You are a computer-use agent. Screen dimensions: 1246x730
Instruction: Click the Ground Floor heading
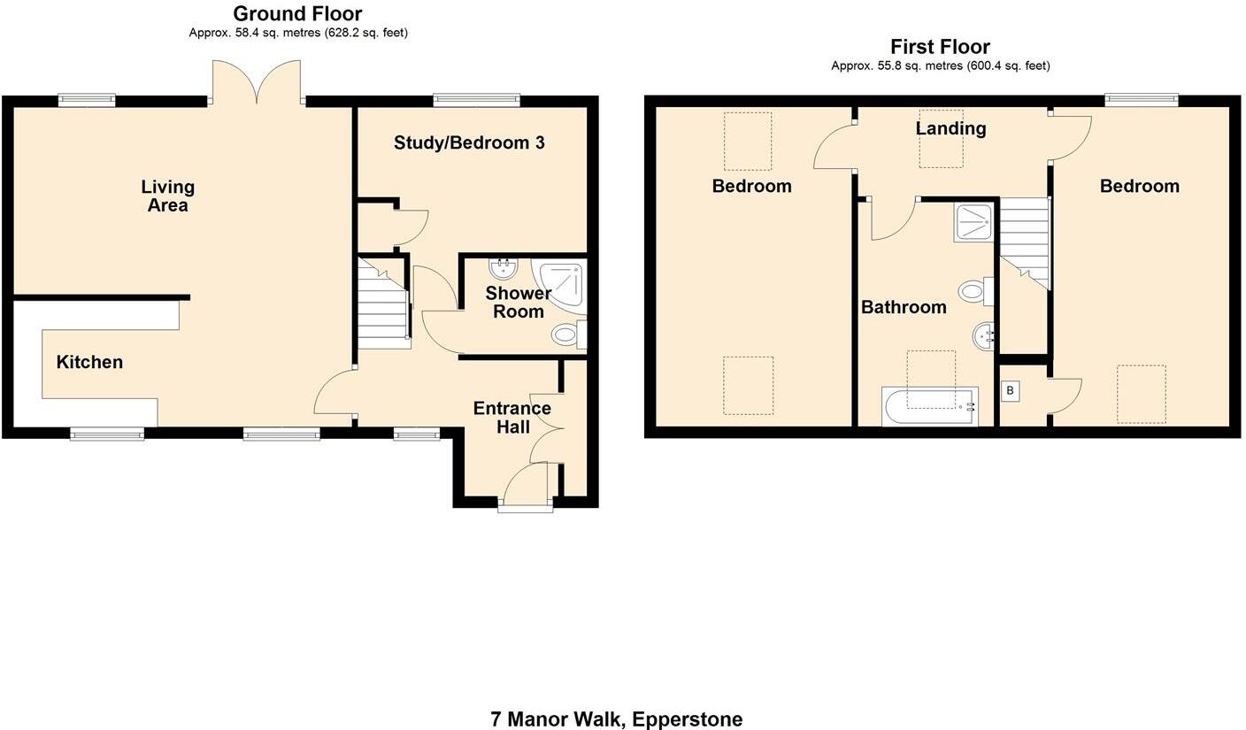tap(297, 13)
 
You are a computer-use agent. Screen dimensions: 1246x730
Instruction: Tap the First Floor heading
tap(940, 47)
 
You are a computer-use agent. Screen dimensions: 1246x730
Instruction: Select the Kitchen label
tap(89, 362)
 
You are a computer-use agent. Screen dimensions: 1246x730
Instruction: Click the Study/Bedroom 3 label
tap(469, 143)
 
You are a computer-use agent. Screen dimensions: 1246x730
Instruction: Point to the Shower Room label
tap(519, 302)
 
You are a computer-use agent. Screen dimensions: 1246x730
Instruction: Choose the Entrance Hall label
tap(512, 418)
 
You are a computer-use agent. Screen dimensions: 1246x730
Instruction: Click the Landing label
tap(950, 128)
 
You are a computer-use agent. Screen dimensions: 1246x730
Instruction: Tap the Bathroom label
tap(904, 307)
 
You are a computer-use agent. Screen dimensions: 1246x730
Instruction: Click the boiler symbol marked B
tap(1010, 390)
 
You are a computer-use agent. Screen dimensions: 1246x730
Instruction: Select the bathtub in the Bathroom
tap(930, 407)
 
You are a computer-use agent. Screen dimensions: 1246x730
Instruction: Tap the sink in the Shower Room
tap(504, 269)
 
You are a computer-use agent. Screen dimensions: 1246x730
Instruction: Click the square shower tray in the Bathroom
tap(973, 223)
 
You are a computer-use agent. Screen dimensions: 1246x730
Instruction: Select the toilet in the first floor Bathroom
tap(976, 291)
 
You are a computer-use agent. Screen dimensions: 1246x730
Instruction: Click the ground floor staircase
tap(384, 302)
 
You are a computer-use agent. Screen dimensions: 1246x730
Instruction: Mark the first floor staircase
tap(1025, 243)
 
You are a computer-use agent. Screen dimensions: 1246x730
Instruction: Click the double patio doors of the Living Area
tap(257, 82)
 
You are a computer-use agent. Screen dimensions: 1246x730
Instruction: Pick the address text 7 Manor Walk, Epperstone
tap(616, 718)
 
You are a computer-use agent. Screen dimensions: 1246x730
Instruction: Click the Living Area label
tap(167, 196)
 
